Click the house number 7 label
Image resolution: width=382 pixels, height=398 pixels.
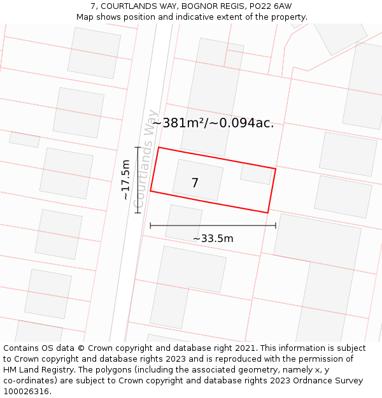195,183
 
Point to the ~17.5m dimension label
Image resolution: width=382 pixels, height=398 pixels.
125,180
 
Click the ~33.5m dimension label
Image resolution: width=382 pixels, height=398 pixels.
213,239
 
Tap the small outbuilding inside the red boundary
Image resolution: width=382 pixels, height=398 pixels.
257,173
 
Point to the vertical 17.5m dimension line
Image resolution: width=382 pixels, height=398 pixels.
138,180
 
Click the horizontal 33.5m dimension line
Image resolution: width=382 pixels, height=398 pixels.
213,225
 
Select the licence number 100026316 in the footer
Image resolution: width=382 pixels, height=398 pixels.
26,392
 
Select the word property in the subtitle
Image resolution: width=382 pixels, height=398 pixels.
287,17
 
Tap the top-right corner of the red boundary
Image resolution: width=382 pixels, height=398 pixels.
276,169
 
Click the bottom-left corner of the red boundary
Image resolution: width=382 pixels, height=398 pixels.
150,190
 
